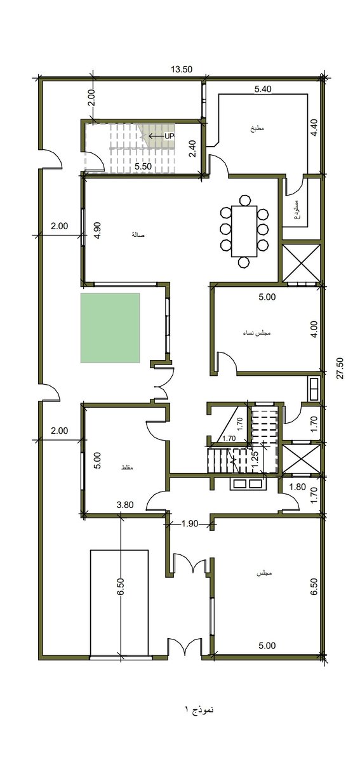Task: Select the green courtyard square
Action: (x=110, y=328)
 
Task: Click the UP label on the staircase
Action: (x=169, y=136)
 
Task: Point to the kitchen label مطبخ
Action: (x=256, y=128)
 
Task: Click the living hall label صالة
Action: (x=138, y=235)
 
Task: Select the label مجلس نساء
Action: (x=257, y=333)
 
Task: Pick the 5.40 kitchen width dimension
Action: (x=263, y=90)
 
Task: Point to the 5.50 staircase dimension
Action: (x=142, y=166)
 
